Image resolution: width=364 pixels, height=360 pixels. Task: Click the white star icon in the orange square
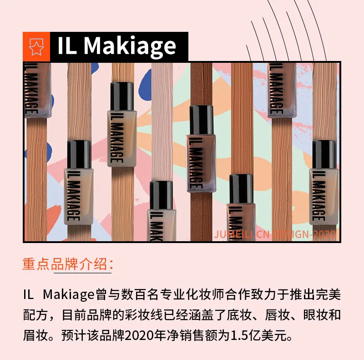pos(36,47)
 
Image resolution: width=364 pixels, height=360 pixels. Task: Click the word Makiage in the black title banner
pos(130,46)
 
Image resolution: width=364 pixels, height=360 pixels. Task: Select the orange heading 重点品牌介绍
pos(65,264)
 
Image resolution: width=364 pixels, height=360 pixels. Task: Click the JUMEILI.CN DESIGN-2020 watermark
pos(275,234)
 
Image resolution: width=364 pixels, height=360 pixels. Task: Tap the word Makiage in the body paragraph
pos(69,295)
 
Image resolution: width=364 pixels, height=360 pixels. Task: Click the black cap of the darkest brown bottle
pos(202,120)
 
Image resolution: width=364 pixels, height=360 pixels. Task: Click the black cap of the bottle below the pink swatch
pos(162,195)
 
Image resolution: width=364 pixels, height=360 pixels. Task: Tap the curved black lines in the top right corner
pos(290,30)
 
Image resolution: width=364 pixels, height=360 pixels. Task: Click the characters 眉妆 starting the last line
pos(35,335)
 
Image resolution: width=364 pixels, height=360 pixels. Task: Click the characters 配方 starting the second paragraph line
pos(35,315)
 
